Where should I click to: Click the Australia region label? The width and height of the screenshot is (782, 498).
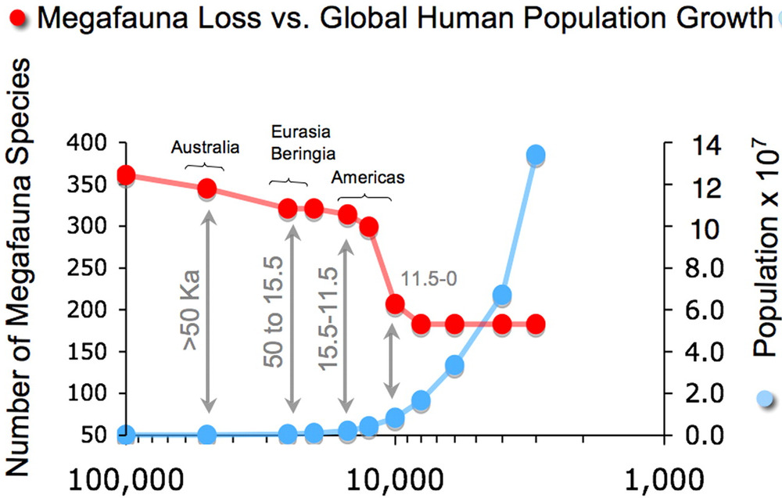coord(205,148)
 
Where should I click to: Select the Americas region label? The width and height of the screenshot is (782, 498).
coord(368,177)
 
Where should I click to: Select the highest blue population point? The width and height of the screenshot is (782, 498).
coord(536,155)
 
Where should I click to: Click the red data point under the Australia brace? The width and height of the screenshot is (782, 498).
coord(207,188)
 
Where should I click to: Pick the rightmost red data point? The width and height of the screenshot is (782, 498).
coord(536,324)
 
